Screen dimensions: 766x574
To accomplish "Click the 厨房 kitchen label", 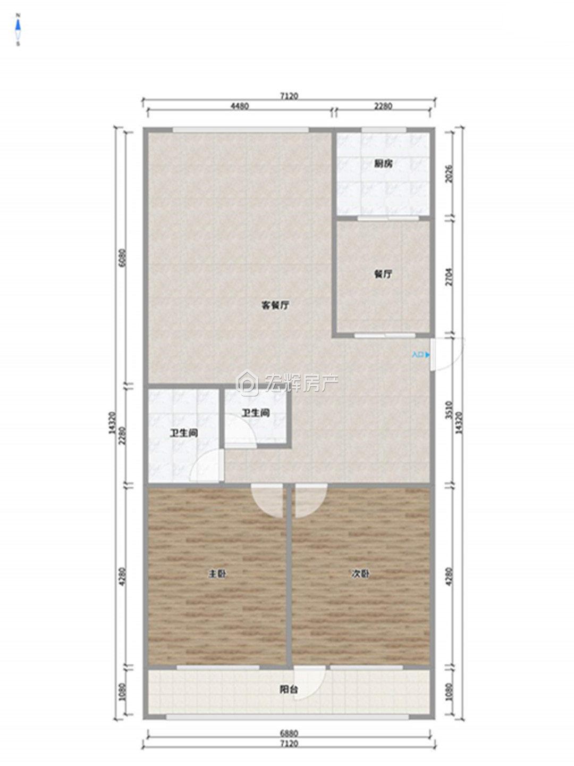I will tap(383, 164).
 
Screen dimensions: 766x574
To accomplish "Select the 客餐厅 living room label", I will tap(275, 305).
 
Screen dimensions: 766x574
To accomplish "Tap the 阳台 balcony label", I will tap(288, 690).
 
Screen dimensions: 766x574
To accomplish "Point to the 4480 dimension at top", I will tap(239, 106).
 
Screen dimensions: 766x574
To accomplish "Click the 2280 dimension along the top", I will tap(383, 106).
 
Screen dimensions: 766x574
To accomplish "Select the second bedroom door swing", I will tap(308, 501).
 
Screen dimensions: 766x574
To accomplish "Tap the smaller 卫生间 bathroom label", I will tap(256, 413).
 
